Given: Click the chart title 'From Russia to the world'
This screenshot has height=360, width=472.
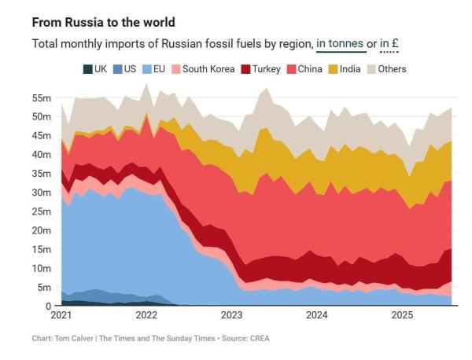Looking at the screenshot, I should [103, 21].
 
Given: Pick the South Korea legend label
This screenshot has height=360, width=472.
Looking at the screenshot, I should [208, 69].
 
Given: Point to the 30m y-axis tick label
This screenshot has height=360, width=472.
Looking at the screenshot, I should [42, 193].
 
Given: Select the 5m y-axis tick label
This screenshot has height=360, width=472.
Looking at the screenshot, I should [44, 288].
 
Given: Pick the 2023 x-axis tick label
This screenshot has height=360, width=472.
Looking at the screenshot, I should [231, 316].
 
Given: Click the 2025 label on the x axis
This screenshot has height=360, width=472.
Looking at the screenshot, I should [402, 316].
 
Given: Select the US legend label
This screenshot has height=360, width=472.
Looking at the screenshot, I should [130, 69].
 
